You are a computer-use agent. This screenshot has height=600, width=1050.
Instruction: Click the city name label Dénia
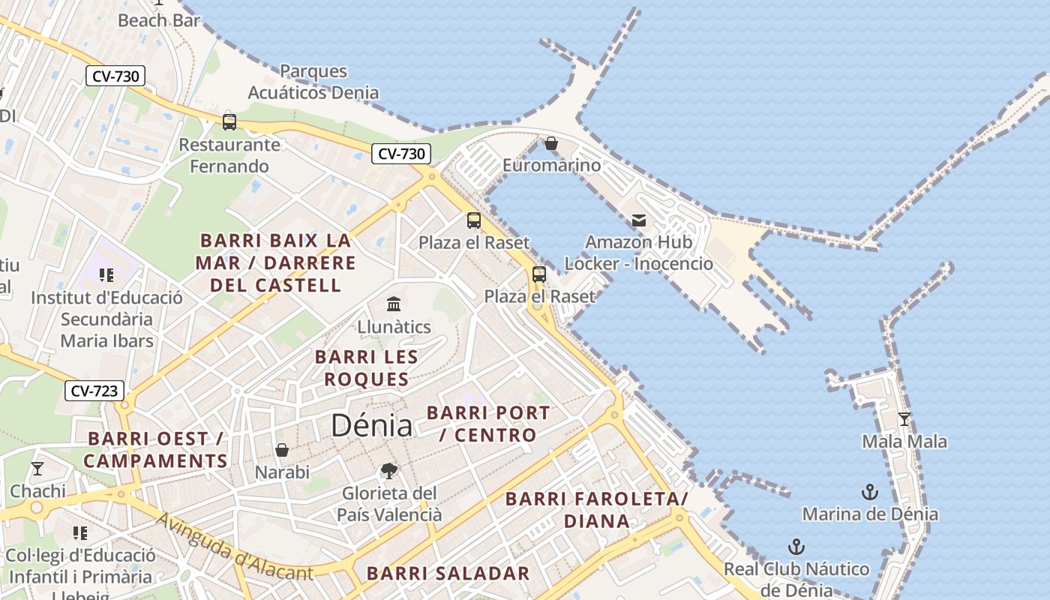pos(371,426)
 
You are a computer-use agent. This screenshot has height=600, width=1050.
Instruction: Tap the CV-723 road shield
pos(94,391)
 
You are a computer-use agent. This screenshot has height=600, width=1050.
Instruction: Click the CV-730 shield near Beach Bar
pos(115,76)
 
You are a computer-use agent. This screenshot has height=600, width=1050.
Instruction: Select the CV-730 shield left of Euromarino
pos(401,154)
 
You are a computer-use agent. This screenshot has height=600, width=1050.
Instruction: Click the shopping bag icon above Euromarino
pos(551,142)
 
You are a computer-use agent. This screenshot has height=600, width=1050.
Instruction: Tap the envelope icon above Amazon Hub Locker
pos(639,220)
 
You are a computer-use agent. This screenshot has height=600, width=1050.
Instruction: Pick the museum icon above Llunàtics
pos(394,304)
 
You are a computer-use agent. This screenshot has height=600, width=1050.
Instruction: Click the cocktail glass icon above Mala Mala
pos(904,418)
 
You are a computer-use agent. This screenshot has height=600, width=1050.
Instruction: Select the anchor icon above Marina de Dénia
pos(869,492)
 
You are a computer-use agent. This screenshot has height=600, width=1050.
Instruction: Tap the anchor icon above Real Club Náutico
pos(796,546)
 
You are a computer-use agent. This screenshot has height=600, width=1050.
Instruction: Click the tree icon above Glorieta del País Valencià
pos(388,471)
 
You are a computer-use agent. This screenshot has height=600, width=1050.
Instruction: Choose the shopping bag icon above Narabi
pos(282,450)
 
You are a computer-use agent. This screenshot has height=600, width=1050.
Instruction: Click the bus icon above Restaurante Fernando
pos(229,121)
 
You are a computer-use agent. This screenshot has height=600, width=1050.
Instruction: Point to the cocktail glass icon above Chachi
pos(37,469)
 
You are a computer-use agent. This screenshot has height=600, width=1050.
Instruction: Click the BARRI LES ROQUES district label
pos(366,367)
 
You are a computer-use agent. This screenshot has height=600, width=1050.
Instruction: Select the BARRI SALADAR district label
pos(448,574)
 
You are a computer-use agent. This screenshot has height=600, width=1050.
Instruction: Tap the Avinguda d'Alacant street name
pos(234,547)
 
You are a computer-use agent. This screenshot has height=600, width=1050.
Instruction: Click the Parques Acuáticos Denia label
pos(313,82)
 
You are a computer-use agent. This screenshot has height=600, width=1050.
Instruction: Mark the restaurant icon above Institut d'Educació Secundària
pos(106,275)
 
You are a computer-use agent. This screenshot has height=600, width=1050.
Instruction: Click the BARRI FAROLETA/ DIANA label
pos(596,509)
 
